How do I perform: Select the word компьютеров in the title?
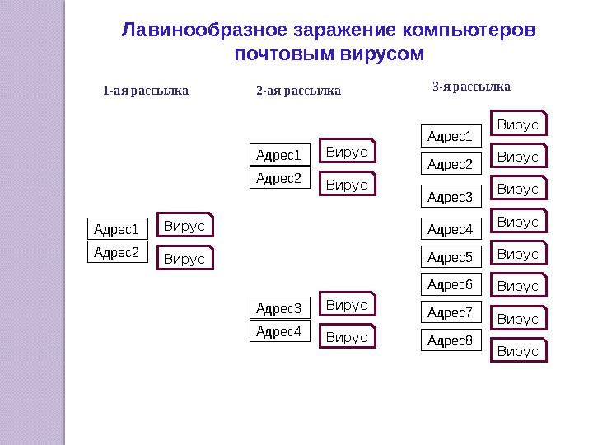(x=469, y=30)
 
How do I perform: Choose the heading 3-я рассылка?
(x=471, y=87)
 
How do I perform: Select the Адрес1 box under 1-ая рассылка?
(x=118, y=228)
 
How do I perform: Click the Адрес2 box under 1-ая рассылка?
(x=118, y=252)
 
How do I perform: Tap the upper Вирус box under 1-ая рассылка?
(x=184, y=226)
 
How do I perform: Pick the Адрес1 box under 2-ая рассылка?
(x=280, y=155)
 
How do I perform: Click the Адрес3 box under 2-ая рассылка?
(x=280, y=309)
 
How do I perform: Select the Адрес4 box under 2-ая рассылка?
(x=280, y=332)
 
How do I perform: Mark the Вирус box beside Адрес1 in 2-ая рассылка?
(x=347, y=152)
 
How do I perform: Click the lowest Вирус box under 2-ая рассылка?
(x=347, y=337)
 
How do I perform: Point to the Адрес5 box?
(x=451, y=258)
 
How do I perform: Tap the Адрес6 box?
(x=451, y=285)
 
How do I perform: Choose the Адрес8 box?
(x=451, y=340)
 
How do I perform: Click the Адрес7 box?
(x=451, y=313)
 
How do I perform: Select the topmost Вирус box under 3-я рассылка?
(x=519, y=124)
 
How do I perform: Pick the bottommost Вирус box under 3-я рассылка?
(x=519, y=351)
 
